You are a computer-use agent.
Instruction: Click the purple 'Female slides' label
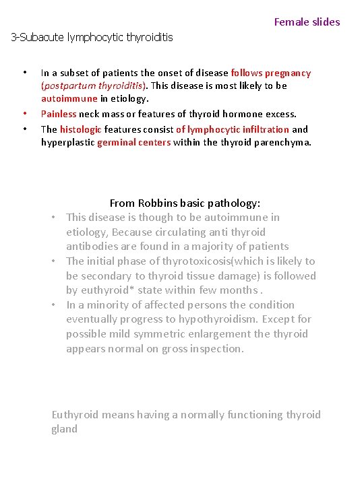[307, 22]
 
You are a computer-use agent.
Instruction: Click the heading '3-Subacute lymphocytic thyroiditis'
[92, 37]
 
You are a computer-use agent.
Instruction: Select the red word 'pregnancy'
[288, 73]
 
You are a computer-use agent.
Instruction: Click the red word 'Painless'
[59, 115]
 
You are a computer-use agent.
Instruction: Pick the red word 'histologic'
[80, 129]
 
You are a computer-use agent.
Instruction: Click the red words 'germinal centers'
[133, 142]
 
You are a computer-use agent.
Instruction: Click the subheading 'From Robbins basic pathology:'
[185, 203]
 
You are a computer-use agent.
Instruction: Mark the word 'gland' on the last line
[65, 429]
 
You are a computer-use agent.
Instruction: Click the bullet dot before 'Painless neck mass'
[25, 115]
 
